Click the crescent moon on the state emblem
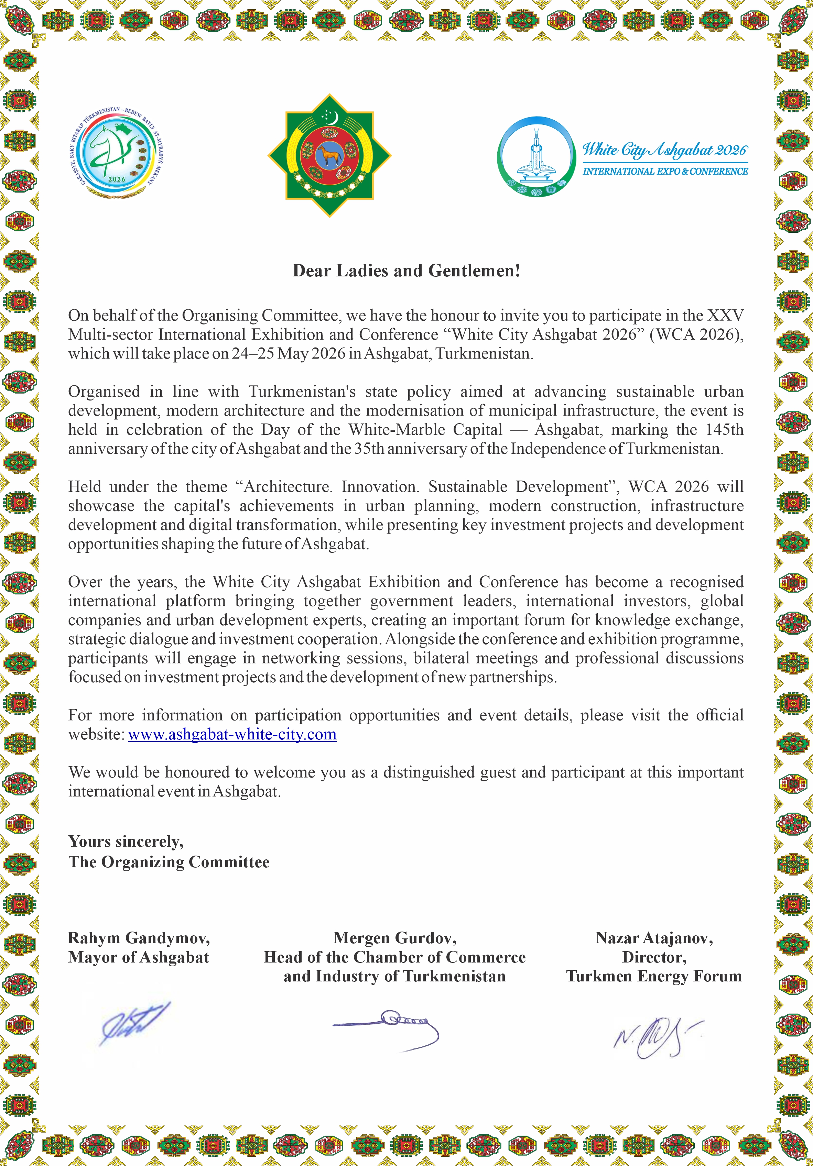click(334, 118)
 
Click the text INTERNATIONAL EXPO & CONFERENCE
click(665, 172)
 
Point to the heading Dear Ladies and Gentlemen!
click(406, 271)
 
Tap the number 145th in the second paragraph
click(724, 430)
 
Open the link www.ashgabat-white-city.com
click(232, 734)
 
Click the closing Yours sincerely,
click(126, 841)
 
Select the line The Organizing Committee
click(169, 862)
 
